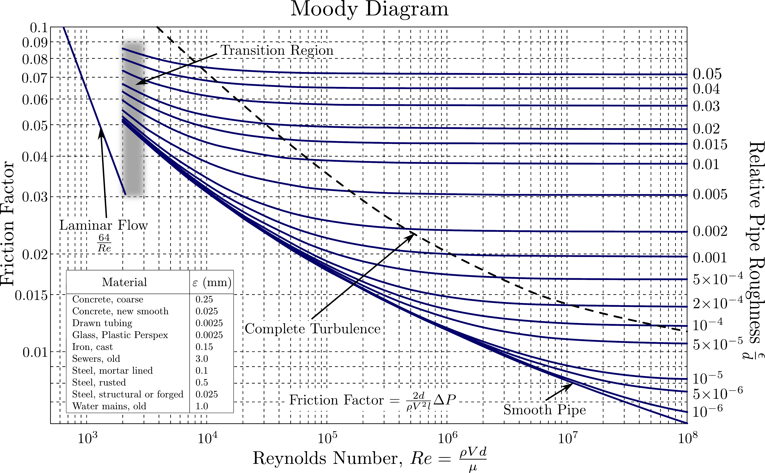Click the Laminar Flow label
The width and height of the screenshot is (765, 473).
(103, 225)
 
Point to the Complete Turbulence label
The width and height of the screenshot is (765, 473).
(312, 329)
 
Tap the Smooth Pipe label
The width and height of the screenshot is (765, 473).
(545, 410)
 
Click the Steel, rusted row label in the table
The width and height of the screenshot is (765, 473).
(99, 382)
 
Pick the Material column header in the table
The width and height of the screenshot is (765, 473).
(124, 282)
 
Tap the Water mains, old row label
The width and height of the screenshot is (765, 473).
(109, 406)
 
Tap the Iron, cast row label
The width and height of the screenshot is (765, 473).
(92, 347)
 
